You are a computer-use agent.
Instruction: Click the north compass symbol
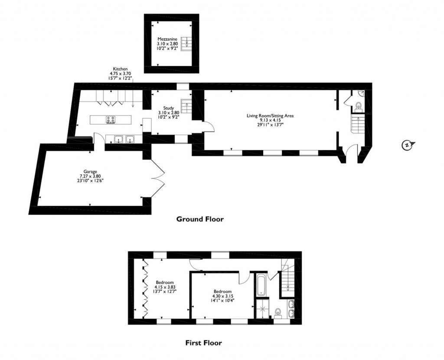point(408,145)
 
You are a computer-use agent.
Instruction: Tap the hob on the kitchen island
point(111,120)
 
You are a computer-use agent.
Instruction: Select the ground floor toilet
point(358,106)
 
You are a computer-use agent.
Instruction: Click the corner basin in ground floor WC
point(361,93)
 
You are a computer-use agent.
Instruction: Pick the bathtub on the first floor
point(261,285)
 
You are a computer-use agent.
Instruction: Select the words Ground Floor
point(200,219)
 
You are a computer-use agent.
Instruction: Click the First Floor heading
point(203,343)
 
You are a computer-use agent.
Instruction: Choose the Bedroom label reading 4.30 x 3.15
point(222,297)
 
